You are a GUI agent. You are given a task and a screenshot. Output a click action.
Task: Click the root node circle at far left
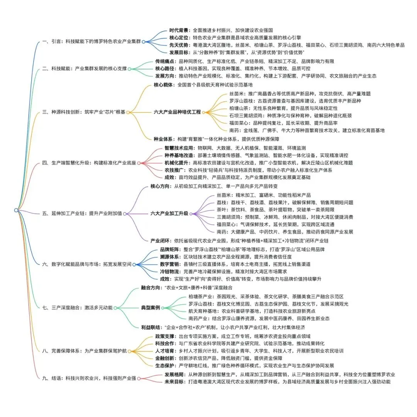pos(16,210)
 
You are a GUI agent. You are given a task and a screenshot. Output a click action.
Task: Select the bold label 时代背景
pos(179,30)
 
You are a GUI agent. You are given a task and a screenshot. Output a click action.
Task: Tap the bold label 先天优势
pos(179,45)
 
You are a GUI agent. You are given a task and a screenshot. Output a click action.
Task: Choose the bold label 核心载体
pos(164,85)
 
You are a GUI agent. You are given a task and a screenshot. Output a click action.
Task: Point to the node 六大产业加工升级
pos(170,213)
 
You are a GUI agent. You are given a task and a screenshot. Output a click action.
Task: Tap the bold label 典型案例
pos(151,308)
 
